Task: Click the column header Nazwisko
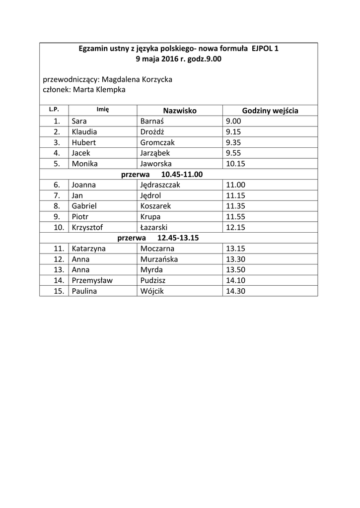coord(180,111)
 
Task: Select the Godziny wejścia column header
coord(270,111)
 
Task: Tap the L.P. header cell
coord(54,110)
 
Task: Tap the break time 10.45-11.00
coord(182,174)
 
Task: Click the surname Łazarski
coord(154,227)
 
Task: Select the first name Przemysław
coord(92,280)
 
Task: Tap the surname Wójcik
coord(152,291)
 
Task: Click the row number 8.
coord(57,206)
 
